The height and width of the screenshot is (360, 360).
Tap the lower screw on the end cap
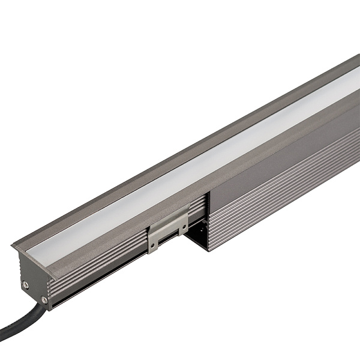[44, 298]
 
